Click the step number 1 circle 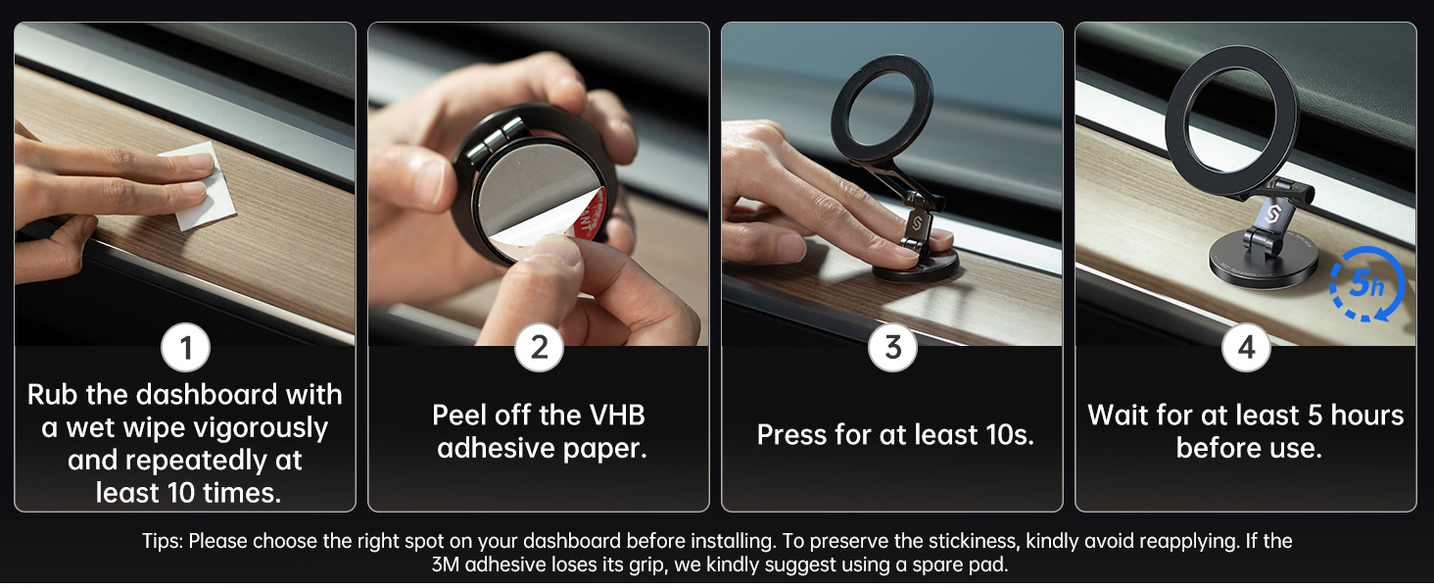point(185,348)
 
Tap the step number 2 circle point(539,348)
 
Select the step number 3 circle point(892,348)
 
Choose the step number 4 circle point(1246,348)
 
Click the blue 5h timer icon point(1366,284)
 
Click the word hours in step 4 point(1367,415)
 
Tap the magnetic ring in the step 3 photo point(884,109)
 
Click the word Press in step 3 point(794,435)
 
